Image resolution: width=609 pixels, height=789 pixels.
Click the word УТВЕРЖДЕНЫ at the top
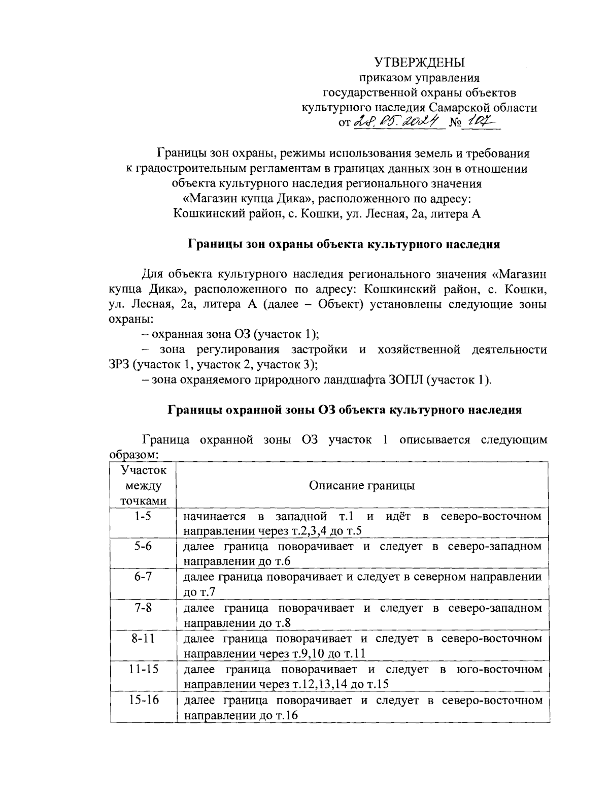coord(419,63)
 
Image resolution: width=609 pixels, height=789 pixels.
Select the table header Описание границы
coord(362,485)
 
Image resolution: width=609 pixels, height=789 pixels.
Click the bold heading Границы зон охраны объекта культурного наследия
coord(344,244)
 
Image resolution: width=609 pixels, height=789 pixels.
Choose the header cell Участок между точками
coord(143,485)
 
